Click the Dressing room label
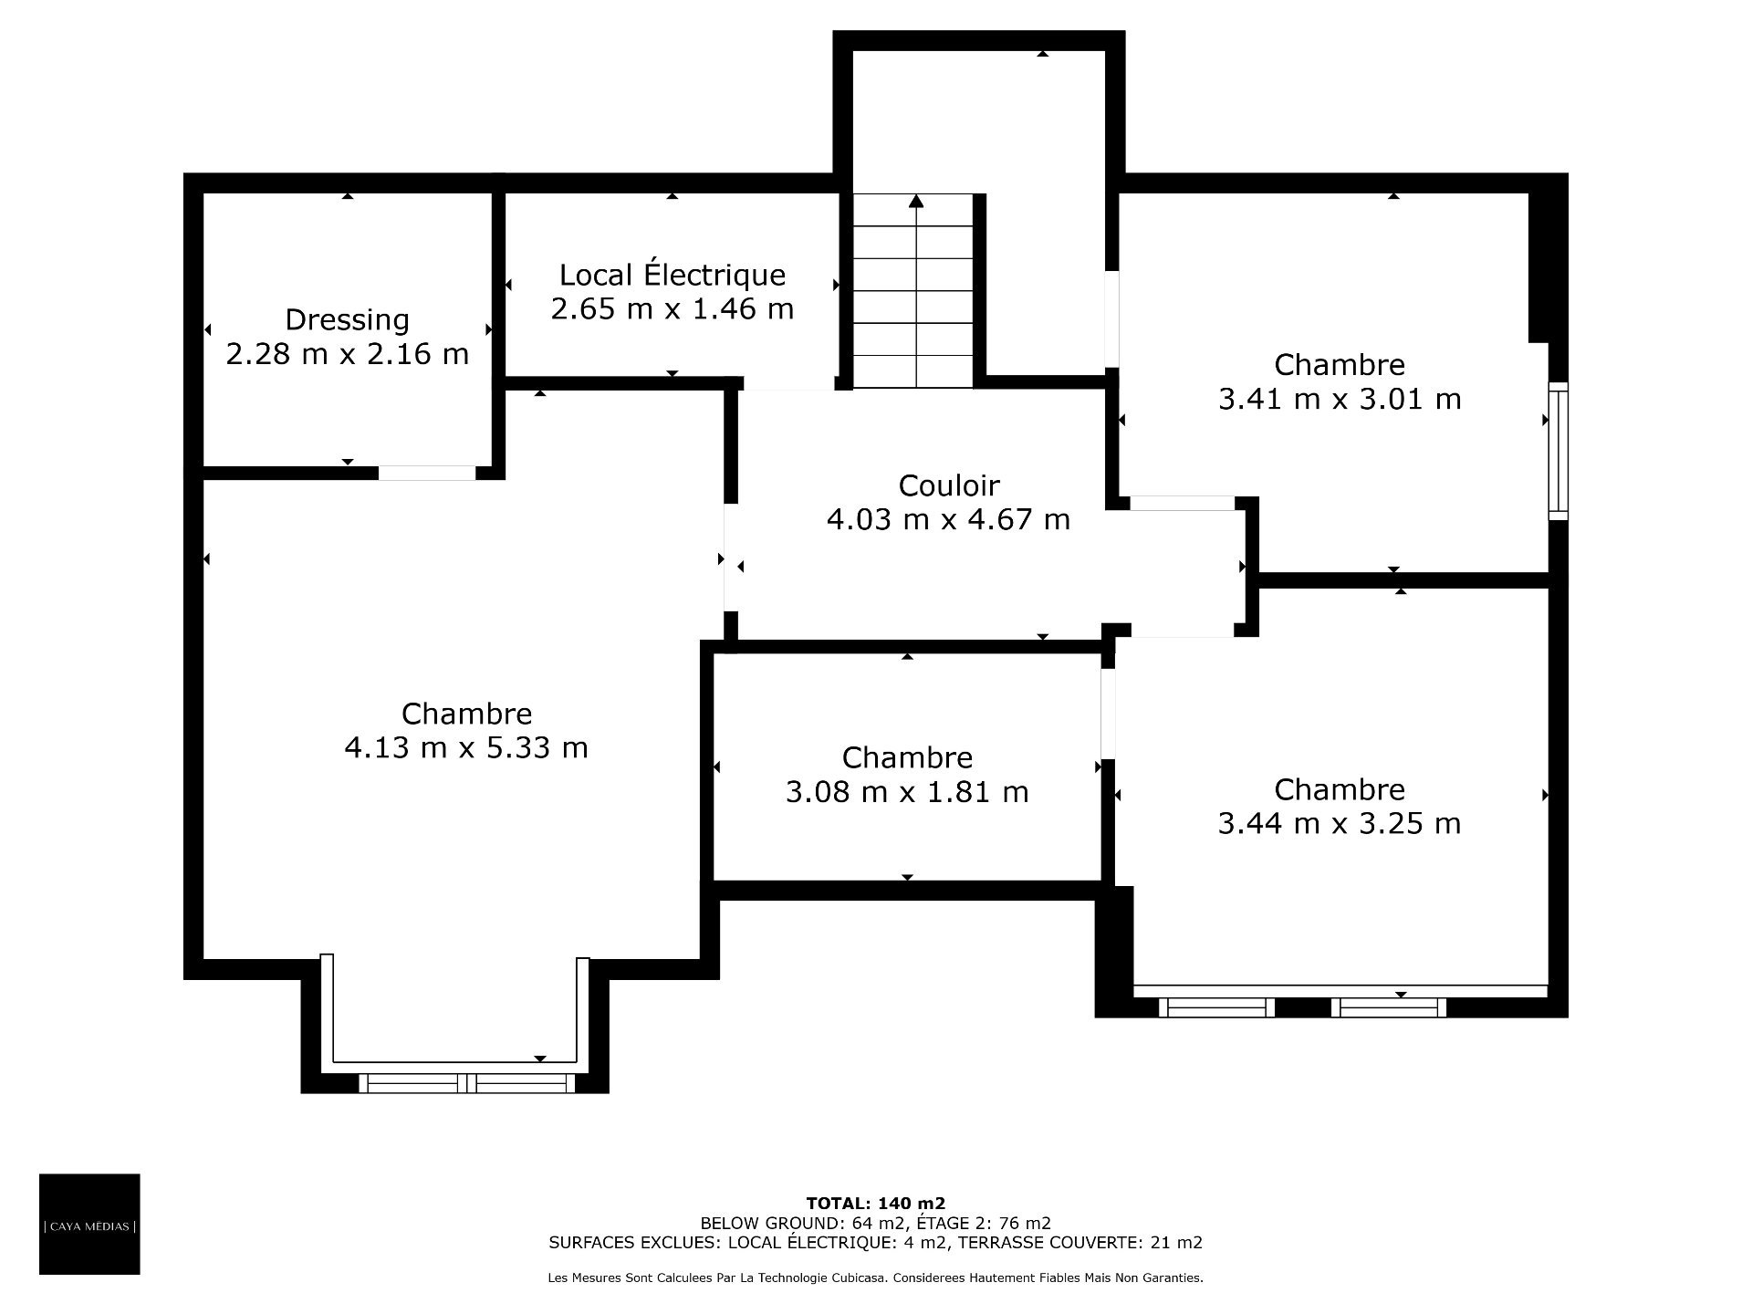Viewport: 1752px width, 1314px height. coord(347,319)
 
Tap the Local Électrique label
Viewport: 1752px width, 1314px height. coord(673,274)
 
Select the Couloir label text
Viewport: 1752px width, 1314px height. coord(949,485)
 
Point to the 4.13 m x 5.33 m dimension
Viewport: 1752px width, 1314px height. coord(466,747)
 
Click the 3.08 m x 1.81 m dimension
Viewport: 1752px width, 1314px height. coord(907,791)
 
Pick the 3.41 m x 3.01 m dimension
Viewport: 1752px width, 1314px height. coord(1340,399)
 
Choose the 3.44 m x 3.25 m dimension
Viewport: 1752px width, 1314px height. coord(1340,823)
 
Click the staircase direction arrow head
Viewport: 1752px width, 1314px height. coord(915,201)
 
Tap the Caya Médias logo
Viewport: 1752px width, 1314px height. coord(89,1224)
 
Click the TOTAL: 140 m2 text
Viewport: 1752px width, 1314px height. coord(876,1204)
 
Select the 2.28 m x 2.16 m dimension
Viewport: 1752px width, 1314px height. coord(348,353)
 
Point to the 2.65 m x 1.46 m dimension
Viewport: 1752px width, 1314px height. coord(673,308)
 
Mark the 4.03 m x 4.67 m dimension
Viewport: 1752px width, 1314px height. coord(949,519)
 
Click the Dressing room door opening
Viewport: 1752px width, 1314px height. coord(427,473)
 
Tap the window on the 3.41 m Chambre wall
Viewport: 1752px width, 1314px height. coord(1559,451)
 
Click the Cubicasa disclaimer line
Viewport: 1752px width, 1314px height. coord(876,1278)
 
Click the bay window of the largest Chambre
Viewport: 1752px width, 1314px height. coord(466,1083)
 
